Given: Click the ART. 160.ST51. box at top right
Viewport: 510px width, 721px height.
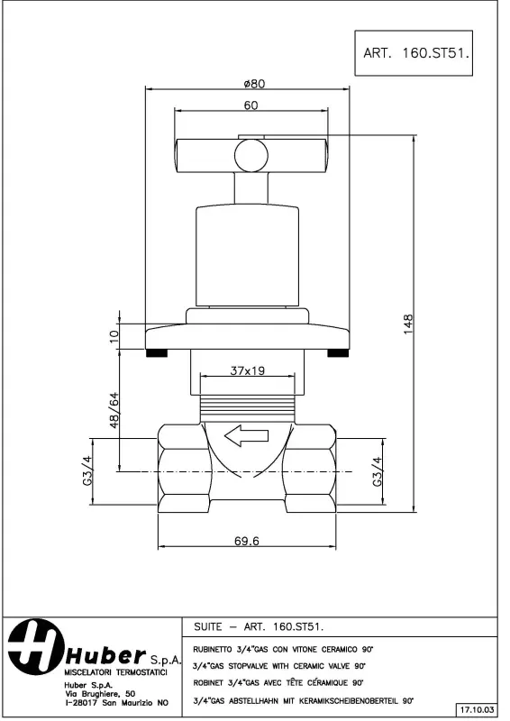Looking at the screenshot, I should click(x=418, y=52).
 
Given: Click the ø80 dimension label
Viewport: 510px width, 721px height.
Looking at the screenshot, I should click(x=253, y=83).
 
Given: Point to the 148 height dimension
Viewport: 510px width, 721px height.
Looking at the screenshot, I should click(x=408, y=324).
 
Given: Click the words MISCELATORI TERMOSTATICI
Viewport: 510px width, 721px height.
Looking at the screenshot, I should click(x=114, y=672).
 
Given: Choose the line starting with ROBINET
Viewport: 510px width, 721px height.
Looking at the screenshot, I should click(x=278, y=682).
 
